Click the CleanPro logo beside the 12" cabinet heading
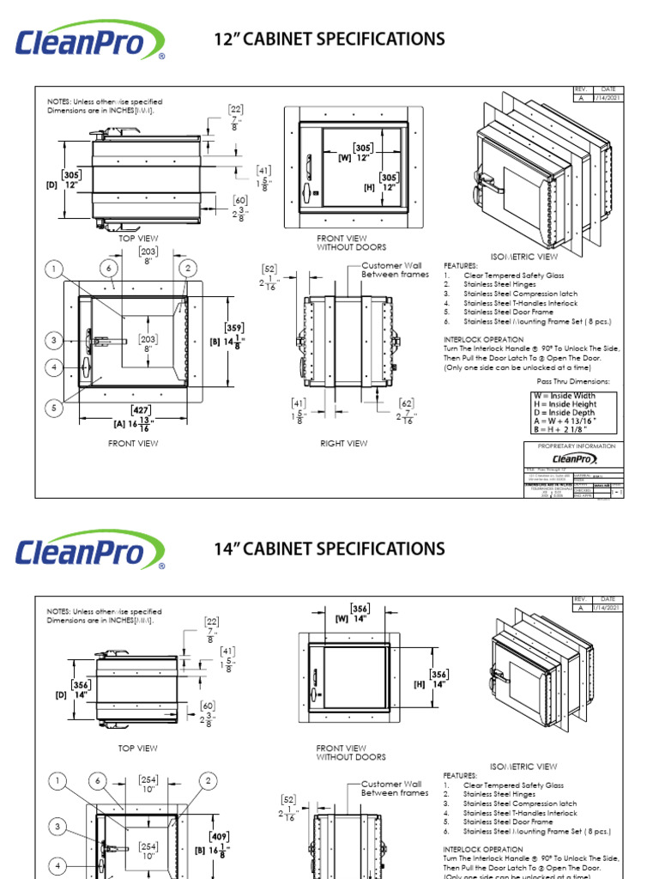[90, 41]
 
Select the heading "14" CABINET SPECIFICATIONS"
[329, 549]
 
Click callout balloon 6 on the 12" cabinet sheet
[109, 270]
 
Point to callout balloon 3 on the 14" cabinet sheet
[57, 827]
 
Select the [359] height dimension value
[233, 328]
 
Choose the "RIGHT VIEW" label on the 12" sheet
[343, 444]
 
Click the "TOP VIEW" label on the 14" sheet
[138, 749]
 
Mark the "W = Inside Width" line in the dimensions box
[564, 396]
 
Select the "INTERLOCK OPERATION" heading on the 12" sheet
[483, 339]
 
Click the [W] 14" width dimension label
[354, 618]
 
